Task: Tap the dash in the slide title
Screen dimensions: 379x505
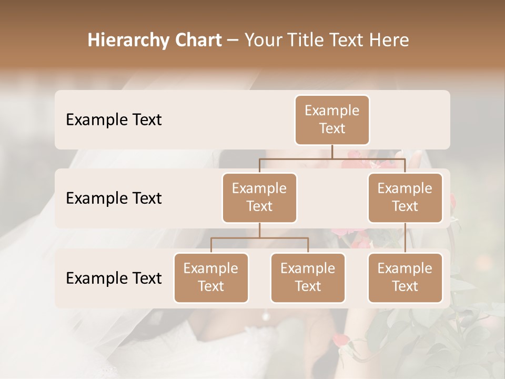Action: coord(233,40)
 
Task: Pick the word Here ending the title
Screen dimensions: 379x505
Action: coord(389,40)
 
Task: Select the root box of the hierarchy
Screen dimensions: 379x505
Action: coord(332,119)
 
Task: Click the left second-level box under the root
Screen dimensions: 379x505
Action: coord(259,197)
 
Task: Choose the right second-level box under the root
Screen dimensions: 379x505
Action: coord(405,197)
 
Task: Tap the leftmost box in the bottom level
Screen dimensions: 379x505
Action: coord(211,277)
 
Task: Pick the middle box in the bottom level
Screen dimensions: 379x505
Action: coord(308,277)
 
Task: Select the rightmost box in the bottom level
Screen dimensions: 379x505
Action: coord(405,277)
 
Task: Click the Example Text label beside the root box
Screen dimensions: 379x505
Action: coord(114,119)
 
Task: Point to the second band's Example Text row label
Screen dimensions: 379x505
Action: coord(114,198)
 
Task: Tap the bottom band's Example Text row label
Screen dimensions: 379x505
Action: coord(114,278)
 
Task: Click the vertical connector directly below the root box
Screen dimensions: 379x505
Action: coord(332,152)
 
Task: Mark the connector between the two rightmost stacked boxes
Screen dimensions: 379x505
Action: coord(405,238)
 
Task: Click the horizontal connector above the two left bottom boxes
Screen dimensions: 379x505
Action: coord(259,238)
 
